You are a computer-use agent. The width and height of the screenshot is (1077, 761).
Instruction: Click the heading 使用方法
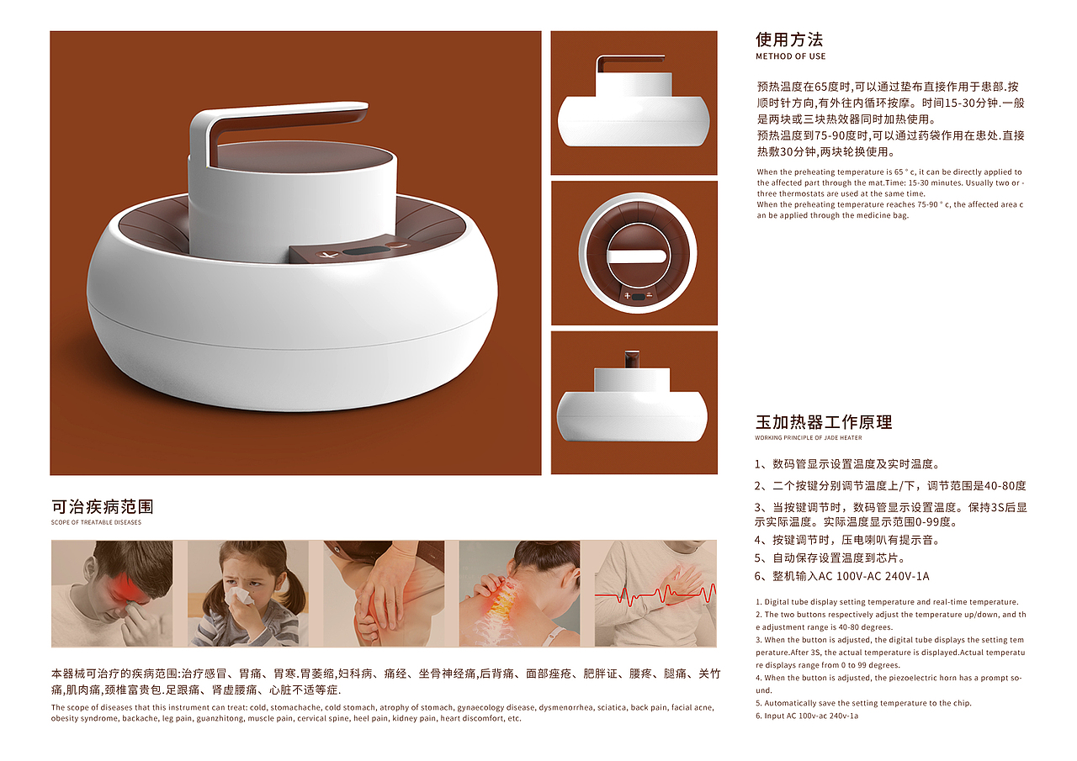click(789, 40)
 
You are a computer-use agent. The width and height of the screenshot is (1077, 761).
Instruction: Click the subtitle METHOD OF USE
click(790, 56)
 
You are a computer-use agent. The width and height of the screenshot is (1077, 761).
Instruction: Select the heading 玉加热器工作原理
click(824, 422)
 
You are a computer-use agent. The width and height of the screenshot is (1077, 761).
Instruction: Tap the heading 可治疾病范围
click(103, 507)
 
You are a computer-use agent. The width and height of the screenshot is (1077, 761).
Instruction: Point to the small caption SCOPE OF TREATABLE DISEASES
click(96, 522)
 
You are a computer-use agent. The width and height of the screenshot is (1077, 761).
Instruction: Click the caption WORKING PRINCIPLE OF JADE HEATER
click(809, 437)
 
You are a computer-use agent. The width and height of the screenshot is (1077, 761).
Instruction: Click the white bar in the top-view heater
click(637, 256)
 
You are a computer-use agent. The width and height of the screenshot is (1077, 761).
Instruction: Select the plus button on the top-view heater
click(627, 296)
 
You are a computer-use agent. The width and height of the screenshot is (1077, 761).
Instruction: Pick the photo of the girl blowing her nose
click(247, 594)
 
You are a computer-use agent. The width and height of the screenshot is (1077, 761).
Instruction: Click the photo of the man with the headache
click(112, 594)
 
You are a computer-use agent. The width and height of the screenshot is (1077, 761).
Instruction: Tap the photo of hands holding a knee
click(384, 594)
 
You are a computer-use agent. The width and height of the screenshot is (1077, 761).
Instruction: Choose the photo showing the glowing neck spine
click(519, 594)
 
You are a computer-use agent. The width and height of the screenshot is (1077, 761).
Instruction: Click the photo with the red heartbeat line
click(655, 594)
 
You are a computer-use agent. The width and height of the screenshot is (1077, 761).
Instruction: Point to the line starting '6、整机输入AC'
click(842, 576)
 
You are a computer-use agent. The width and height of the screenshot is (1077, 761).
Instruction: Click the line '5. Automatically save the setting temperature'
click(863, 703)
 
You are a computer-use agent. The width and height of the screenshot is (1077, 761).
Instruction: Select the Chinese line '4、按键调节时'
click(847, 540)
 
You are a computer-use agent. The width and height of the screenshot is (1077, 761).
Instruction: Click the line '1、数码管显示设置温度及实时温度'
click(847, 464)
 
